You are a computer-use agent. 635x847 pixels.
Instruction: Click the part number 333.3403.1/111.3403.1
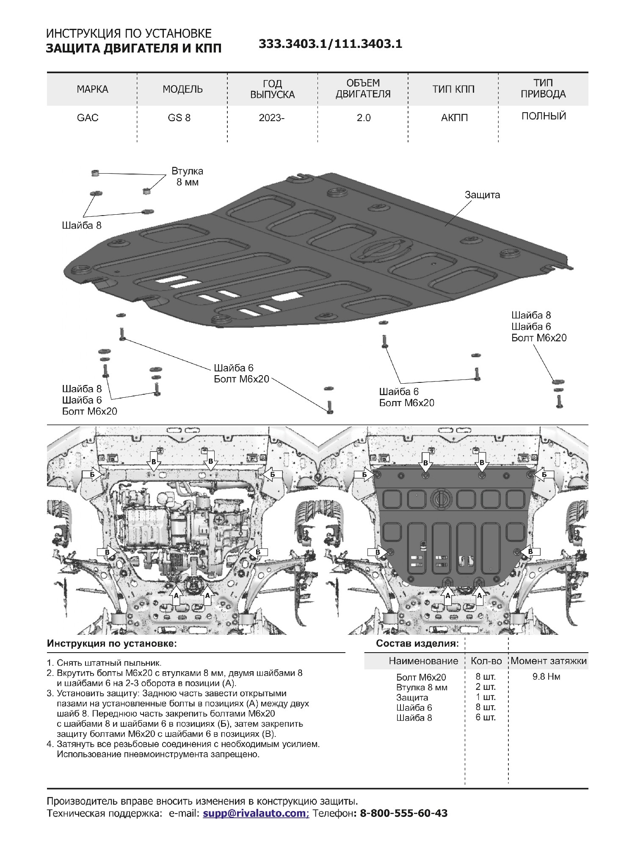click(x=330, y=44)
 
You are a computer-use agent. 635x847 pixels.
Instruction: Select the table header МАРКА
click(x=92, y=89)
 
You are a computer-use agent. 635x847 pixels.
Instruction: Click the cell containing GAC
click(x=88, y=117)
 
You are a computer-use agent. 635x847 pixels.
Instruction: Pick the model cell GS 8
click(x=179, y=117)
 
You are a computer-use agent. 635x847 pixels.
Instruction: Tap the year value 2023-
click(x=272, y=117)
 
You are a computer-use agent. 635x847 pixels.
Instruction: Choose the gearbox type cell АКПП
click(x=454, y=117)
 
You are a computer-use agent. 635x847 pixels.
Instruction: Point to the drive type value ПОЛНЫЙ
click(x=544, y=116)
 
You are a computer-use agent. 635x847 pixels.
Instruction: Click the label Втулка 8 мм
click(x=187, y=177)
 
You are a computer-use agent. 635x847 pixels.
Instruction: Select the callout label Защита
click(x=482, y=195)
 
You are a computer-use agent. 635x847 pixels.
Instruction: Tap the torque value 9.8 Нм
click(x=546, y=677)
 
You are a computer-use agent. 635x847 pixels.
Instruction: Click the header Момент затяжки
click(x=549, y=661)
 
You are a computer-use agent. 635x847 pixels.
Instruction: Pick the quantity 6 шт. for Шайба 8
click(x=486, y=717)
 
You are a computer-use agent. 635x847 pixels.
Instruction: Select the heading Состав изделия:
click(x=417, y=644)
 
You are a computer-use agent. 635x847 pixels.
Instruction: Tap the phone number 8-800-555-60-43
click(x=403, y=813)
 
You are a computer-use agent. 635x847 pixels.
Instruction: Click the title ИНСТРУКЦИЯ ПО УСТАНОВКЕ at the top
click(x=129, y=33)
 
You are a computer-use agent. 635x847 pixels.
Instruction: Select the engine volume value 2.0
click(x=363, y=117)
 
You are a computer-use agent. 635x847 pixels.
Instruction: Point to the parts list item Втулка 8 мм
click(x=422, y=687)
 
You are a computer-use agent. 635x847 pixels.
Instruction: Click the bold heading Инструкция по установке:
click(x=112, y=644)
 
